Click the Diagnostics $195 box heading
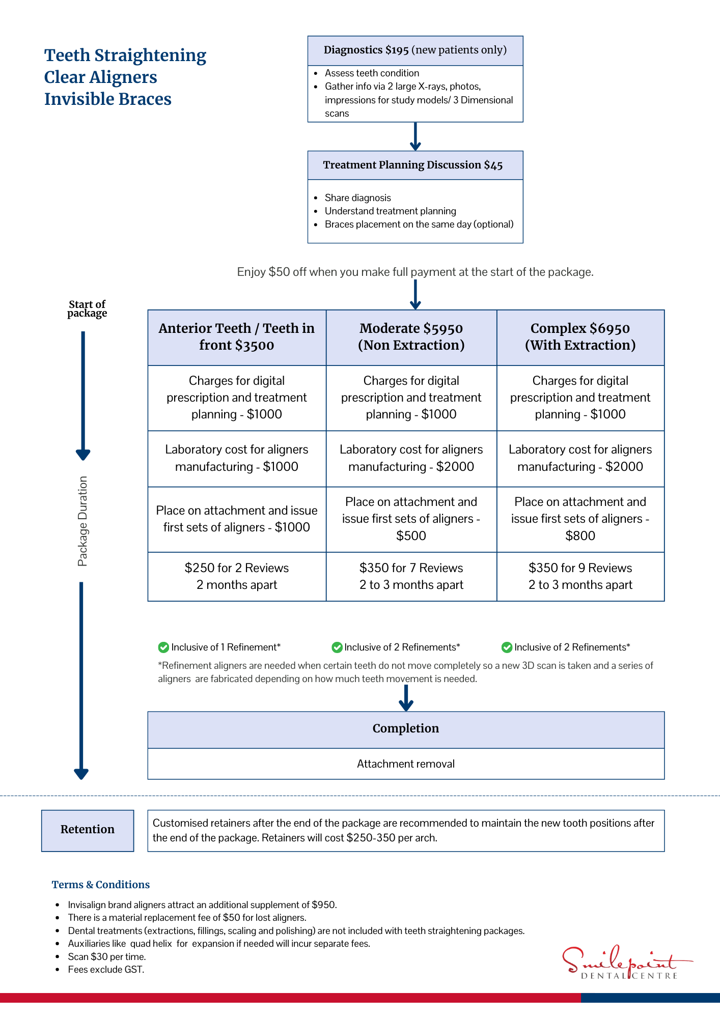[x=415, y=50]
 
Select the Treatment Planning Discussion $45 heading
[x=413, y=165]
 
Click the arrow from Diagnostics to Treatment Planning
[x=416, y=136]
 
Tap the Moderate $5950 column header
[x=411, y=337]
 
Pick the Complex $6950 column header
[x=580, y=337]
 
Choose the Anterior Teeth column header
[x=237, y=337]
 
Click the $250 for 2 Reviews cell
[x=237, y=576]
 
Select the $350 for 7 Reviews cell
[x=411, y=576]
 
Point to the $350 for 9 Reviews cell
[x=580, y=576]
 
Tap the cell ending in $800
[x=580, y=519]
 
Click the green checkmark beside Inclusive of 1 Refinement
[x=163, y=647]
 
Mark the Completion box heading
[x=406, y=729]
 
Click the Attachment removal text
[x=406, y=763]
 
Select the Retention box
[x=88, y=830]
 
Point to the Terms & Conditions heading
[x=101, y=885]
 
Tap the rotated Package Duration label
[x=82, y=521]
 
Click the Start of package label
[x=87, y=308]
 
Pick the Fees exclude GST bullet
[x=106, y=970]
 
